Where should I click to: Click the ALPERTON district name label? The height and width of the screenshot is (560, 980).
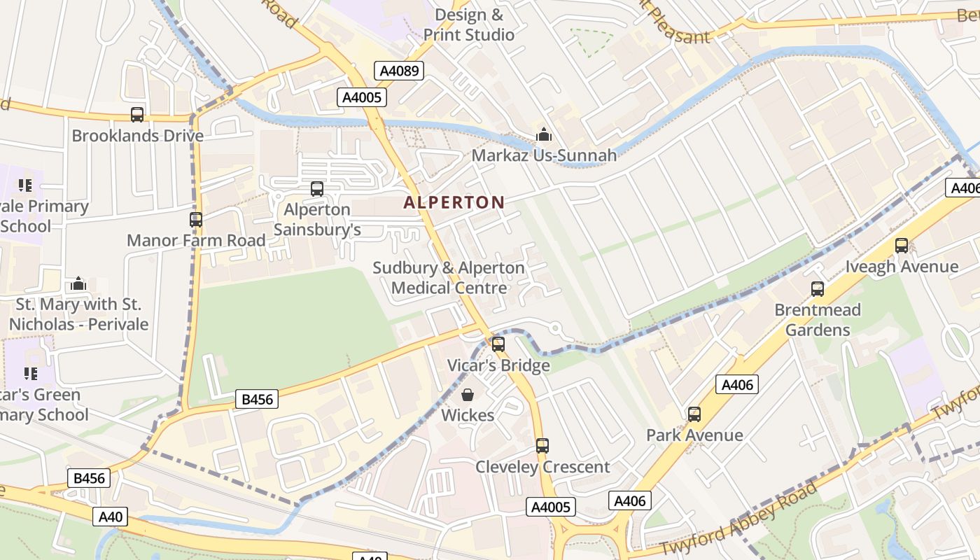click(454, 202)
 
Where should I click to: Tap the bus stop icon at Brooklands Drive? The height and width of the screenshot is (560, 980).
click(137, 115)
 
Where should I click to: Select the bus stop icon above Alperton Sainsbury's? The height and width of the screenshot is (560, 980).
click(317, 188)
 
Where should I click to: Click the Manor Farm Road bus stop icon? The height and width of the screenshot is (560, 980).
click(196, 220)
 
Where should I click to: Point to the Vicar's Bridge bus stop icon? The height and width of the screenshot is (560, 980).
click(498, 344)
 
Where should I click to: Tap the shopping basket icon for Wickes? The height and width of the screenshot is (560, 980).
click(468, 395)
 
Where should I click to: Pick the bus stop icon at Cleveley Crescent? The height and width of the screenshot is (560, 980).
click(542, 445)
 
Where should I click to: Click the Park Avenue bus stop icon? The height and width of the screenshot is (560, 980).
click(694, 414)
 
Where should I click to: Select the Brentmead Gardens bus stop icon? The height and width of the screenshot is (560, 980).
click(818, 289)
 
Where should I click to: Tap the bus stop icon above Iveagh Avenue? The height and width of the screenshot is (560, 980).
click(902, 246)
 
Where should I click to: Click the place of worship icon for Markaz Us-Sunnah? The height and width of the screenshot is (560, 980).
click(544, 134)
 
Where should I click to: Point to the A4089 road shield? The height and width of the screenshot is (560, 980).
click(399, 71)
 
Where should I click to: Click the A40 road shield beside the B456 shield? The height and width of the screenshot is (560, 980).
click(111, 517)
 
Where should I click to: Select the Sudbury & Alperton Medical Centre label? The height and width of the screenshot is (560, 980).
click(449, 278)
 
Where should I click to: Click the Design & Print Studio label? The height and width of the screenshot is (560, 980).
click(469, 24)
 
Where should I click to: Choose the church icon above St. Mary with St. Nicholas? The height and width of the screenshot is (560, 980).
click(78, 283)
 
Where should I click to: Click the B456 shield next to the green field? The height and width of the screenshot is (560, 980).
click(257, 400)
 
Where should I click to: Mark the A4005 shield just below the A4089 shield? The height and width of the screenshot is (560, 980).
click(362, 97)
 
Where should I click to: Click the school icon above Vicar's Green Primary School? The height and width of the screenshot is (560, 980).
click(30, 374)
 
